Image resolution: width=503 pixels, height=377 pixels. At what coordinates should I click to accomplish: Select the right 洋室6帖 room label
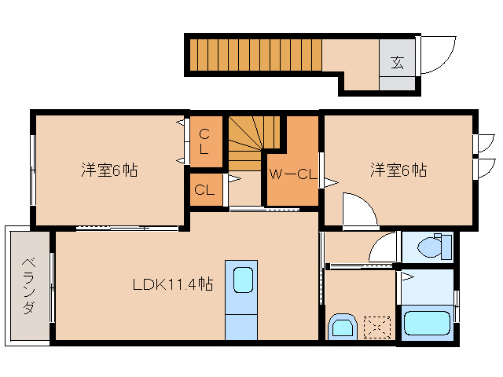pyautogui.click(x=399, y=170)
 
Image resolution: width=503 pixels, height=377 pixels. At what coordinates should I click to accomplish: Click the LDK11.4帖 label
pyautogui.click(x=172, y=284)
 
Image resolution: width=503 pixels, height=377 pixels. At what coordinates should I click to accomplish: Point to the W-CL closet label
pyautogui.click(x=292, y=174)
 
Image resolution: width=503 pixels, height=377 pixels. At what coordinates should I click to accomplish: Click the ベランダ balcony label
pyautogui.click(x=28, y=285)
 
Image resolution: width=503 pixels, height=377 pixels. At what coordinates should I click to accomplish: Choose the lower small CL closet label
pyautogui.click(x=204, y=189)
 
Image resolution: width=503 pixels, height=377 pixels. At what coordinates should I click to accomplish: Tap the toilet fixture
pyautogui.click(x=430, y=247)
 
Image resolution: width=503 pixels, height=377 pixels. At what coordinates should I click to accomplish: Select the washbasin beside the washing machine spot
pyautogui.click(x=343, y=325)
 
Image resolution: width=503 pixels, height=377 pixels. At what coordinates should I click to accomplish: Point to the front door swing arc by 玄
pyautogui.click(x=437, y=55)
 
